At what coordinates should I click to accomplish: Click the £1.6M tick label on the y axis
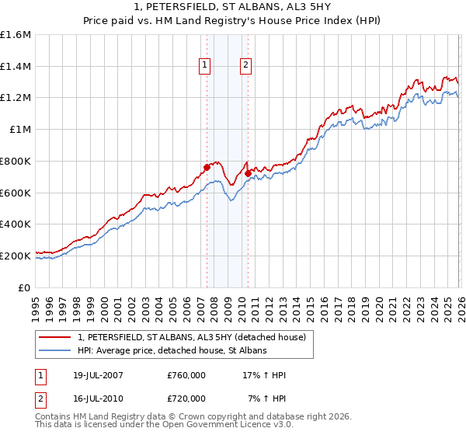(16, 35)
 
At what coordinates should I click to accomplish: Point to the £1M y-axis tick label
(20, 130)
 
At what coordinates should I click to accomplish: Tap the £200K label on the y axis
(16, 256)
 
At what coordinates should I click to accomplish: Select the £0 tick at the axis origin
(25, 287)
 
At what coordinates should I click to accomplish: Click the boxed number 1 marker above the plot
(205, 66)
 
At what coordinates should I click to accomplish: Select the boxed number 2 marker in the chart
(245, 66)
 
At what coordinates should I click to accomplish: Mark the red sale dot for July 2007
(207, 167)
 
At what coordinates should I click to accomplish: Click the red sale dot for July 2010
(248, 173)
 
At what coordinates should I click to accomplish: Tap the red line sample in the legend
(56, 337)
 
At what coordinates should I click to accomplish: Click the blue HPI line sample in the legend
(56, 351)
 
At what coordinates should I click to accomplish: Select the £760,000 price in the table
(186, 375)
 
